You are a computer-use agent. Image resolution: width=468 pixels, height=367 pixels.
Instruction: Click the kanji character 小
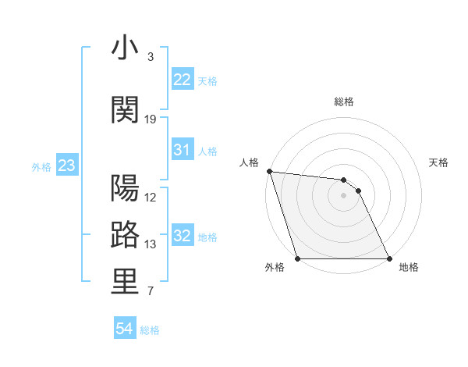(x=126, y=49)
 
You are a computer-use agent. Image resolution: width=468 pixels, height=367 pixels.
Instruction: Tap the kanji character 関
(x=126, y=110)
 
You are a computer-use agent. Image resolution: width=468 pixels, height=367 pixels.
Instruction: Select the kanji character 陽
(x=126, y=188)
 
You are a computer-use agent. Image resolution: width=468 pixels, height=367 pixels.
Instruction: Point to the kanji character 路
(x=126, y=235)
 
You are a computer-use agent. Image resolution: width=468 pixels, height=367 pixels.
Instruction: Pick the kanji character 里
(x=126, y=283)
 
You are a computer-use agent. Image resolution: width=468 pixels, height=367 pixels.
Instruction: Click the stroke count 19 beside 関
(x=151, y=119)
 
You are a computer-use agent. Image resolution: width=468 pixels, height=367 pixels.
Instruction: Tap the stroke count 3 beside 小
(x=151, y=57)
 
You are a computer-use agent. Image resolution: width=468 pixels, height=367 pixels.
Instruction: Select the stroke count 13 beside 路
(x=151, y=244)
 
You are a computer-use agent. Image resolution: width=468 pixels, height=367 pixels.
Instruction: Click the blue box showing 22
(x=182, y=79)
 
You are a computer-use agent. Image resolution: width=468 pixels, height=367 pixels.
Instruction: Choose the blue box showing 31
(x=182, y=150)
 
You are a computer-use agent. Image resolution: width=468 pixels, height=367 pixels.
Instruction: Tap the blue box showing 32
(x=182, y=236)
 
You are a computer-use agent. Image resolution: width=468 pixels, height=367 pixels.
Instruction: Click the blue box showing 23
(x=66, y=166)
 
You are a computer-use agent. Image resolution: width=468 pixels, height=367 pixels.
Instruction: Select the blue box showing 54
(x=124, y=329)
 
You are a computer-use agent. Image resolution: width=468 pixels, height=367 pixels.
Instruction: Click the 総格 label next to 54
(x=150, y=330)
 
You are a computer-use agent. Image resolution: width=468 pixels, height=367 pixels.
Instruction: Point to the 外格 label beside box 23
(x=41, y=167)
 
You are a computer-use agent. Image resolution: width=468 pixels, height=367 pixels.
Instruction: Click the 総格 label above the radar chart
(x=344, y=102)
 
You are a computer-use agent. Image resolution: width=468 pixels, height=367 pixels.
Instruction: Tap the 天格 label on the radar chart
(x=439, y=162)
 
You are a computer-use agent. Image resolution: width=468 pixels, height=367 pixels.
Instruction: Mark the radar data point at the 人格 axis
(x=269, y=171)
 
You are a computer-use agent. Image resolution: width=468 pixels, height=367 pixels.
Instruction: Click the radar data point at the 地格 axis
(x=389, y=258)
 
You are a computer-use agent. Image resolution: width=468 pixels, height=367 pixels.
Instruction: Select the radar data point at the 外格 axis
(x=297, y=258)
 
